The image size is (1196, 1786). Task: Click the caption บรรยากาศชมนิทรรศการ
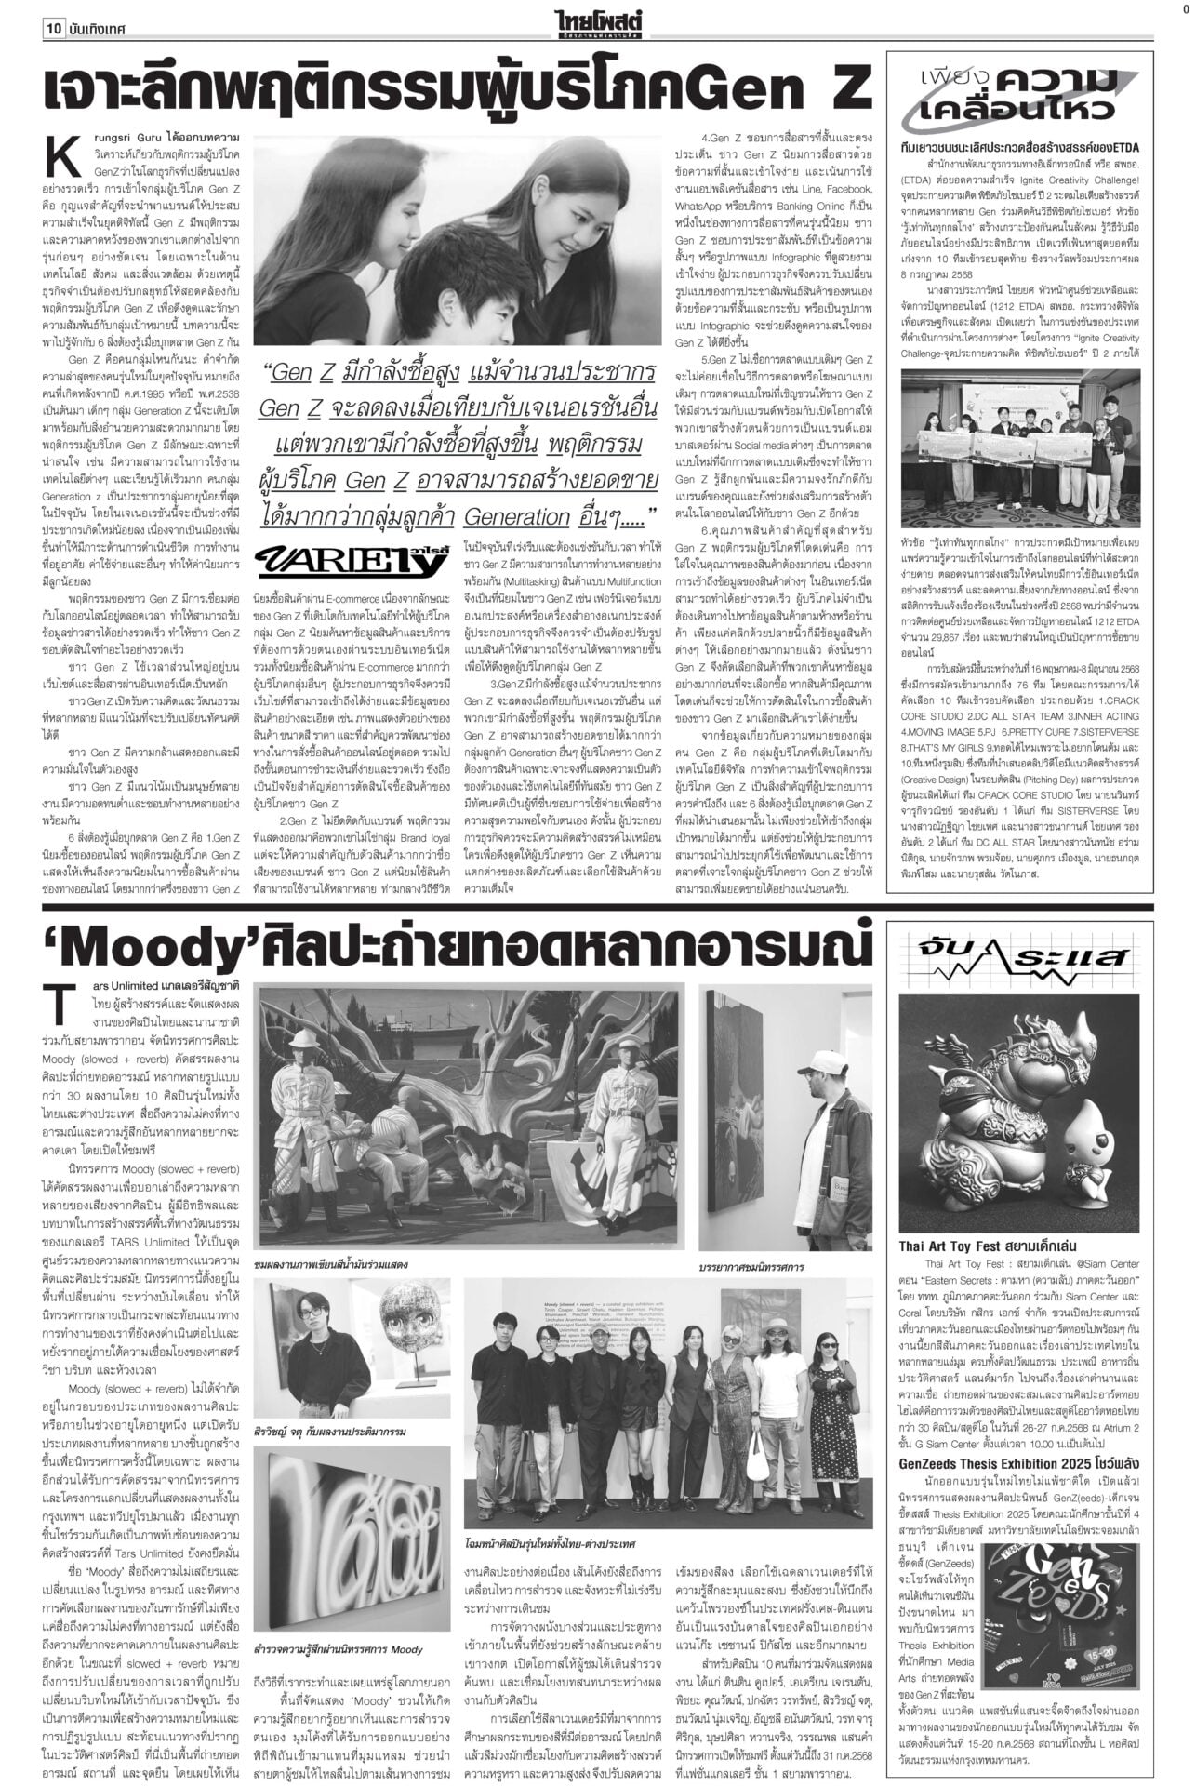(x=751, y=1267)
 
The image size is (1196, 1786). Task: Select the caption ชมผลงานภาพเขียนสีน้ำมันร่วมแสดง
(x=336, y=1265)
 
